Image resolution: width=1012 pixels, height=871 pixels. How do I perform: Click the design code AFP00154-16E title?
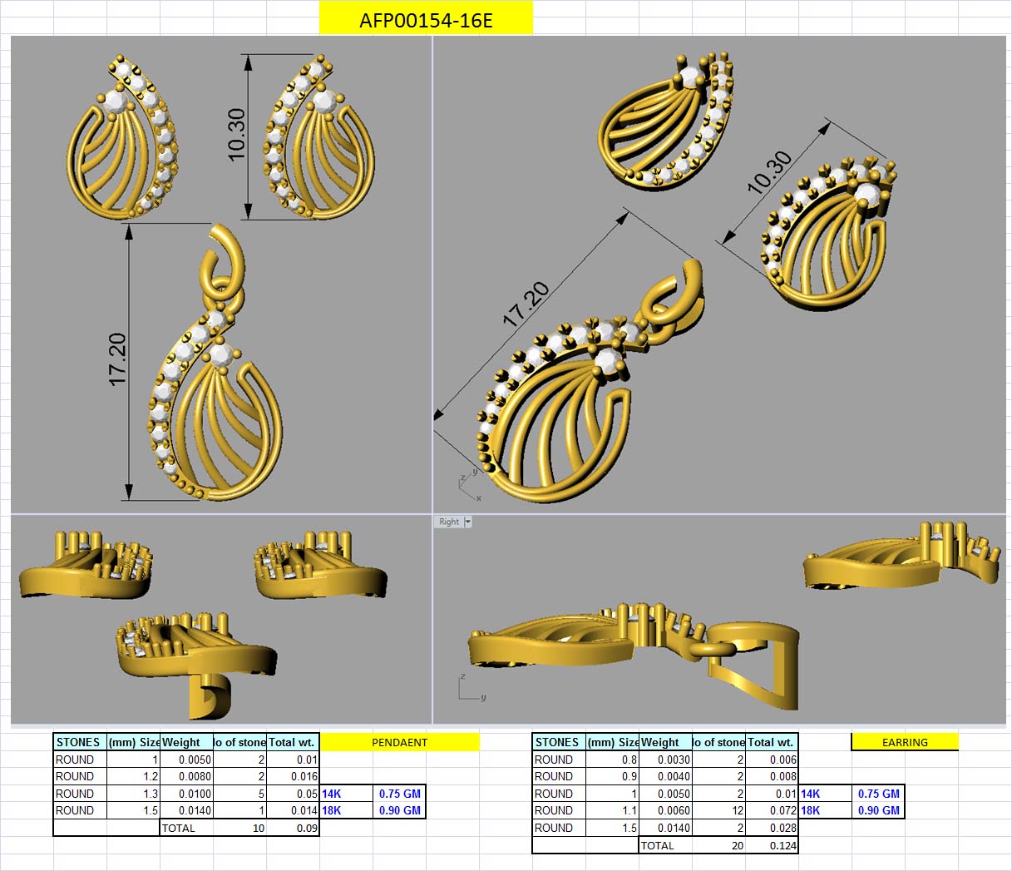click(x=426, y=20)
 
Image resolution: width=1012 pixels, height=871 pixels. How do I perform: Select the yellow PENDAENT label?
click(x=399, y=742)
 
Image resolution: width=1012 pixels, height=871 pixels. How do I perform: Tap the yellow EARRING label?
click(x=905, y=742)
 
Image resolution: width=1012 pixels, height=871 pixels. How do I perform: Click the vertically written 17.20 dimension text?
click(x=117, y=359)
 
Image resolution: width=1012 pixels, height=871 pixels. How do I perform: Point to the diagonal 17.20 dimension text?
click(x=526, y=304)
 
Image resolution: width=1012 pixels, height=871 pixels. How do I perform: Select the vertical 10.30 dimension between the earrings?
click(x=237, y=134)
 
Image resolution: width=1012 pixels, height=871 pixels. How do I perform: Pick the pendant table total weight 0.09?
click(x=307, y=828)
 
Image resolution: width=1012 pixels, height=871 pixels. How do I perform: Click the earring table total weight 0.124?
click(x=782, y=845)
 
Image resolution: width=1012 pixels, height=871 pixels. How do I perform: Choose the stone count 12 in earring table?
click(x=733, y=810)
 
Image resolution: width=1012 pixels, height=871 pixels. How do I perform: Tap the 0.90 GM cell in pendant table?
click(x=399, y=810)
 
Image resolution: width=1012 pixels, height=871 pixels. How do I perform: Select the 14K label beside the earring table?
click(x=810, y=794)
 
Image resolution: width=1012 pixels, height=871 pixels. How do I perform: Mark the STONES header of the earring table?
click(x=557, y=742)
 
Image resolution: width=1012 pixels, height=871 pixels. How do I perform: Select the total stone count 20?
click(x=737, y=845)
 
